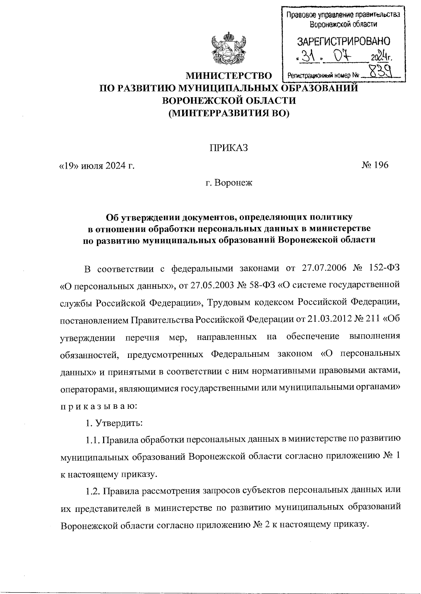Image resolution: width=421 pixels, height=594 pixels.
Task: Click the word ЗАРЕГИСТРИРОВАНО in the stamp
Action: click(x=343, y=42)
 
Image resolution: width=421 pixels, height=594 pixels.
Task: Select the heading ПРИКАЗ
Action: click(x=229, y=148)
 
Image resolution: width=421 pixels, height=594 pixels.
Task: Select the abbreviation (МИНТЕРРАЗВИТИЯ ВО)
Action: click(x=229, y=113)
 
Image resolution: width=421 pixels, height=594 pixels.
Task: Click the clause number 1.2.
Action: click(x=93, y=490)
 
